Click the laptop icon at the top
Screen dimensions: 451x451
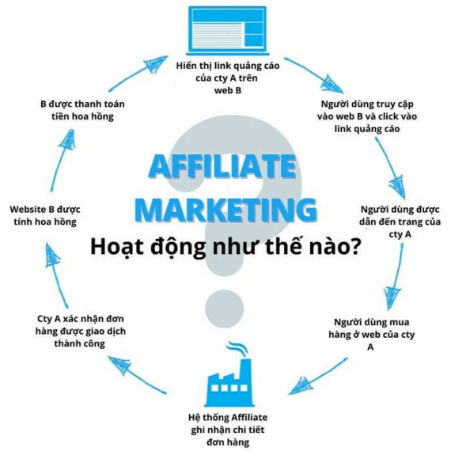(227, 31)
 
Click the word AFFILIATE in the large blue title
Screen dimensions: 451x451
(222, 166)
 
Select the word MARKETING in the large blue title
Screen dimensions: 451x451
(225, 209)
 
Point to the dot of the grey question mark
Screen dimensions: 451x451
(225, 309)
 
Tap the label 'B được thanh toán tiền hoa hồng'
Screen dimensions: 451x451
(82, 110)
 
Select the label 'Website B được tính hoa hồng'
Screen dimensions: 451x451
(45, 215)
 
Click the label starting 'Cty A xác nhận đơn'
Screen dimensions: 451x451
(80, 331)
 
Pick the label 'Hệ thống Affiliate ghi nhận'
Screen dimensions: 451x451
(228, 430)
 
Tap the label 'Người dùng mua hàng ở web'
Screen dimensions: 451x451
(371, 334)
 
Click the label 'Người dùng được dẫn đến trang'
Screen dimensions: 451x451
(400, 222)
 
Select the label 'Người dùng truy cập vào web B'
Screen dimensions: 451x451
(367, 116)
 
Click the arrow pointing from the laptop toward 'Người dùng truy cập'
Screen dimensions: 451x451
(313, 74)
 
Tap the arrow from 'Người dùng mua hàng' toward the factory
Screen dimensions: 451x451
(317, 377)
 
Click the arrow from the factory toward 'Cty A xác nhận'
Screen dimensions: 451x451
(137, 374)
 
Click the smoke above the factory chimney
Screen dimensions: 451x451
(237, 349)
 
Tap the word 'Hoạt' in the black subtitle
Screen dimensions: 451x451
(117, 247)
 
